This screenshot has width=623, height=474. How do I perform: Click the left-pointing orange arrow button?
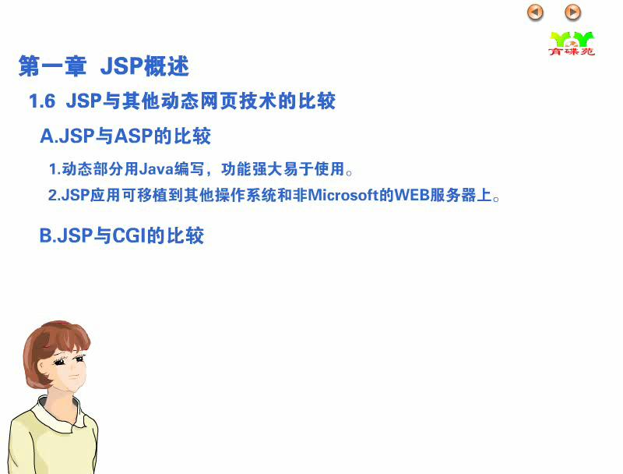click(x=535, y=12)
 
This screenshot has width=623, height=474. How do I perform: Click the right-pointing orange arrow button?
click(x=572, y=12)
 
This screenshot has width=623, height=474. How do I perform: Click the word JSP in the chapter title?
click(x=121, y=66)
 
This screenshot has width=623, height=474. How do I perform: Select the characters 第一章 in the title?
click(x=52, y=66)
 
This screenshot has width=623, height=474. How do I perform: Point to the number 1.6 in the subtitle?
click(x=42, y=101)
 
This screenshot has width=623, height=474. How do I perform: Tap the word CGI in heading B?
click(x=129, y=235)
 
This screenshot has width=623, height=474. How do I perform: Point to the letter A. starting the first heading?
click(x=49, y=136)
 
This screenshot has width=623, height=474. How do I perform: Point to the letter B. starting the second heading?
click(x=48, y=235)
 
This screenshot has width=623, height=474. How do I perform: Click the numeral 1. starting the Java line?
click(x=55, y=169)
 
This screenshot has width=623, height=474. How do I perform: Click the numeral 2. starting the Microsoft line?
click(x=54, y=195)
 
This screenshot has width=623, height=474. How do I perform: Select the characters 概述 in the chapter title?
click(x=166, y=66)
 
